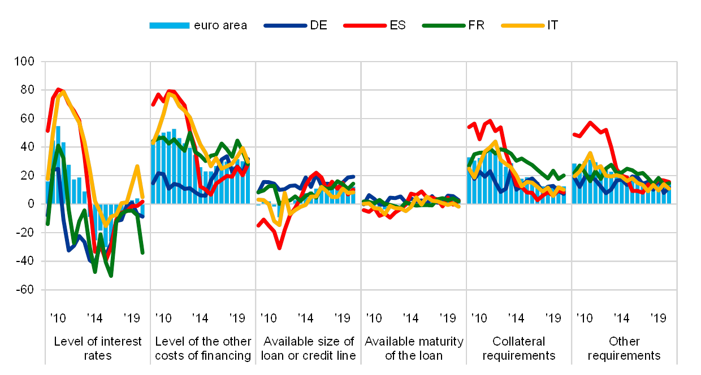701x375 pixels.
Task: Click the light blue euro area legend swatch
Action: [x=169, y=25]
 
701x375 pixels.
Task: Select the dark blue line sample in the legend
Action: [x=285, y=25]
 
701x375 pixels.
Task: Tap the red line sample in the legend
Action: [x=367, y=25]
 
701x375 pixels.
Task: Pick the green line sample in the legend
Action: [x=445, y=25]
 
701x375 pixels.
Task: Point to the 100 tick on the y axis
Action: [x=27, y=62]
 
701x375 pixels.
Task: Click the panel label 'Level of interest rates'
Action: [x=97, y=348]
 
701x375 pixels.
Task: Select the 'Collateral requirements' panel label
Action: [x=519, y=348]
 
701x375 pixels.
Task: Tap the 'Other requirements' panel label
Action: [x=624, y=348]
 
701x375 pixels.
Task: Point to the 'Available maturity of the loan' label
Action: [x=414, y=348]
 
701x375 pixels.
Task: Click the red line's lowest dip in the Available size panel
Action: [x=279, y=247]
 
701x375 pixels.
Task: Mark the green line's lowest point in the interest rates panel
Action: [x=111, y=276]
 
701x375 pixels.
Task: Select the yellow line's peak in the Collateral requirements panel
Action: [x=495, y=142]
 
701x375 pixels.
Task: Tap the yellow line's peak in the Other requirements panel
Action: [x=590, y=152]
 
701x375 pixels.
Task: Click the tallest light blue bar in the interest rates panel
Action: [x=58, y=127]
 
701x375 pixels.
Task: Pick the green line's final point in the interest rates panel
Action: [x=142, y=252]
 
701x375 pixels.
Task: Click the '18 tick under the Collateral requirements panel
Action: [x=553, y=318]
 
